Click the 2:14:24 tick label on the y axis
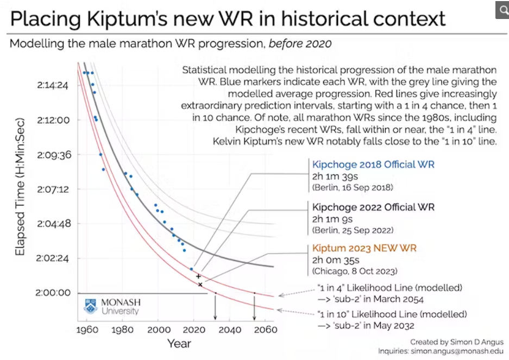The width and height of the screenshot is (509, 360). [x=53, y=85]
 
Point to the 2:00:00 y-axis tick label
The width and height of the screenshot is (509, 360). [x=53, y=293]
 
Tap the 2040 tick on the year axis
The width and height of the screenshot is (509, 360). [x=230, y=330]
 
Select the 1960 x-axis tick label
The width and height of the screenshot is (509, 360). [x=87, y=330]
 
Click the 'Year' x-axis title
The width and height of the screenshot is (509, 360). [x=179, y=344]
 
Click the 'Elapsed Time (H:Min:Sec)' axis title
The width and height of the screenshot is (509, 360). [x=20, y=187]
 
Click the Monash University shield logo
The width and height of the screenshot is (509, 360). [x=90, y=306]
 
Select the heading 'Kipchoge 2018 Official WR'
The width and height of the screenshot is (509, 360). [x=373, y=165]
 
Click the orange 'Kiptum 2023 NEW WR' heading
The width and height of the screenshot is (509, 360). [x=364, y=248]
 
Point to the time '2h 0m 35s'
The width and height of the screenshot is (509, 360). [x=336, y=260]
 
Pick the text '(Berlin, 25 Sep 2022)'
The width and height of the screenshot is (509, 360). [x=353, y=230]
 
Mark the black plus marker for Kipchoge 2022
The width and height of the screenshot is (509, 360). [x=198, y=276]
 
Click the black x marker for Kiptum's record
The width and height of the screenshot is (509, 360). [x=200, y=285]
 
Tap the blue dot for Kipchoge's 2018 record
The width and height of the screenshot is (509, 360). [x=192, y=269]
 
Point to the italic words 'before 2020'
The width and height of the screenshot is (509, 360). [x=300, y=43]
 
